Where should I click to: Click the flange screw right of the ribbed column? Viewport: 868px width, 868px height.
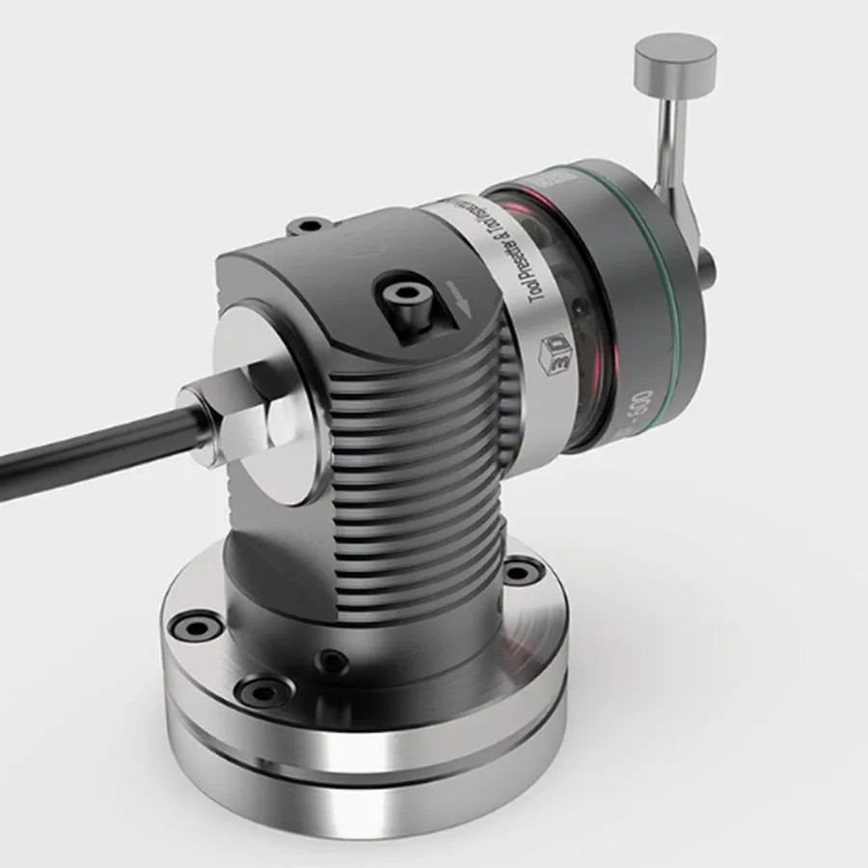[x=520, y=574]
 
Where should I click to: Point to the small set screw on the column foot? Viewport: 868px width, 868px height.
[x=335, y=661]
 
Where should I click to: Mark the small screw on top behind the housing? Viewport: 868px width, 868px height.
[x=307, y=228]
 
